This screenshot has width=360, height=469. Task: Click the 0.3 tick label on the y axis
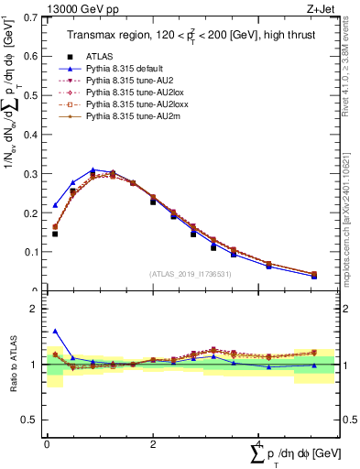pyautogui.click(x=30, y=173)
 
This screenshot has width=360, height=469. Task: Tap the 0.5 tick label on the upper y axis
pyautogui.click(x=30, y=95)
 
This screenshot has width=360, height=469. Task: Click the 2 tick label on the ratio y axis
pyautogui.click(x=35, y=309)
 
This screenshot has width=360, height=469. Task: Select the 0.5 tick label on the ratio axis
pyautogui.click(x=30, y=420)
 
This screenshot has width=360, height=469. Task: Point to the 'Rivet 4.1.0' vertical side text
pyautogui.click(x=349, y=73)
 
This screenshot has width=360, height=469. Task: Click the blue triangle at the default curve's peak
pyautogui.click(x=93, y=169)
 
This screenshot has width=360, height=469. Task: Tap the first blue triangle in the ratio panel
pyautogui.click(x=55, y=331)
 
